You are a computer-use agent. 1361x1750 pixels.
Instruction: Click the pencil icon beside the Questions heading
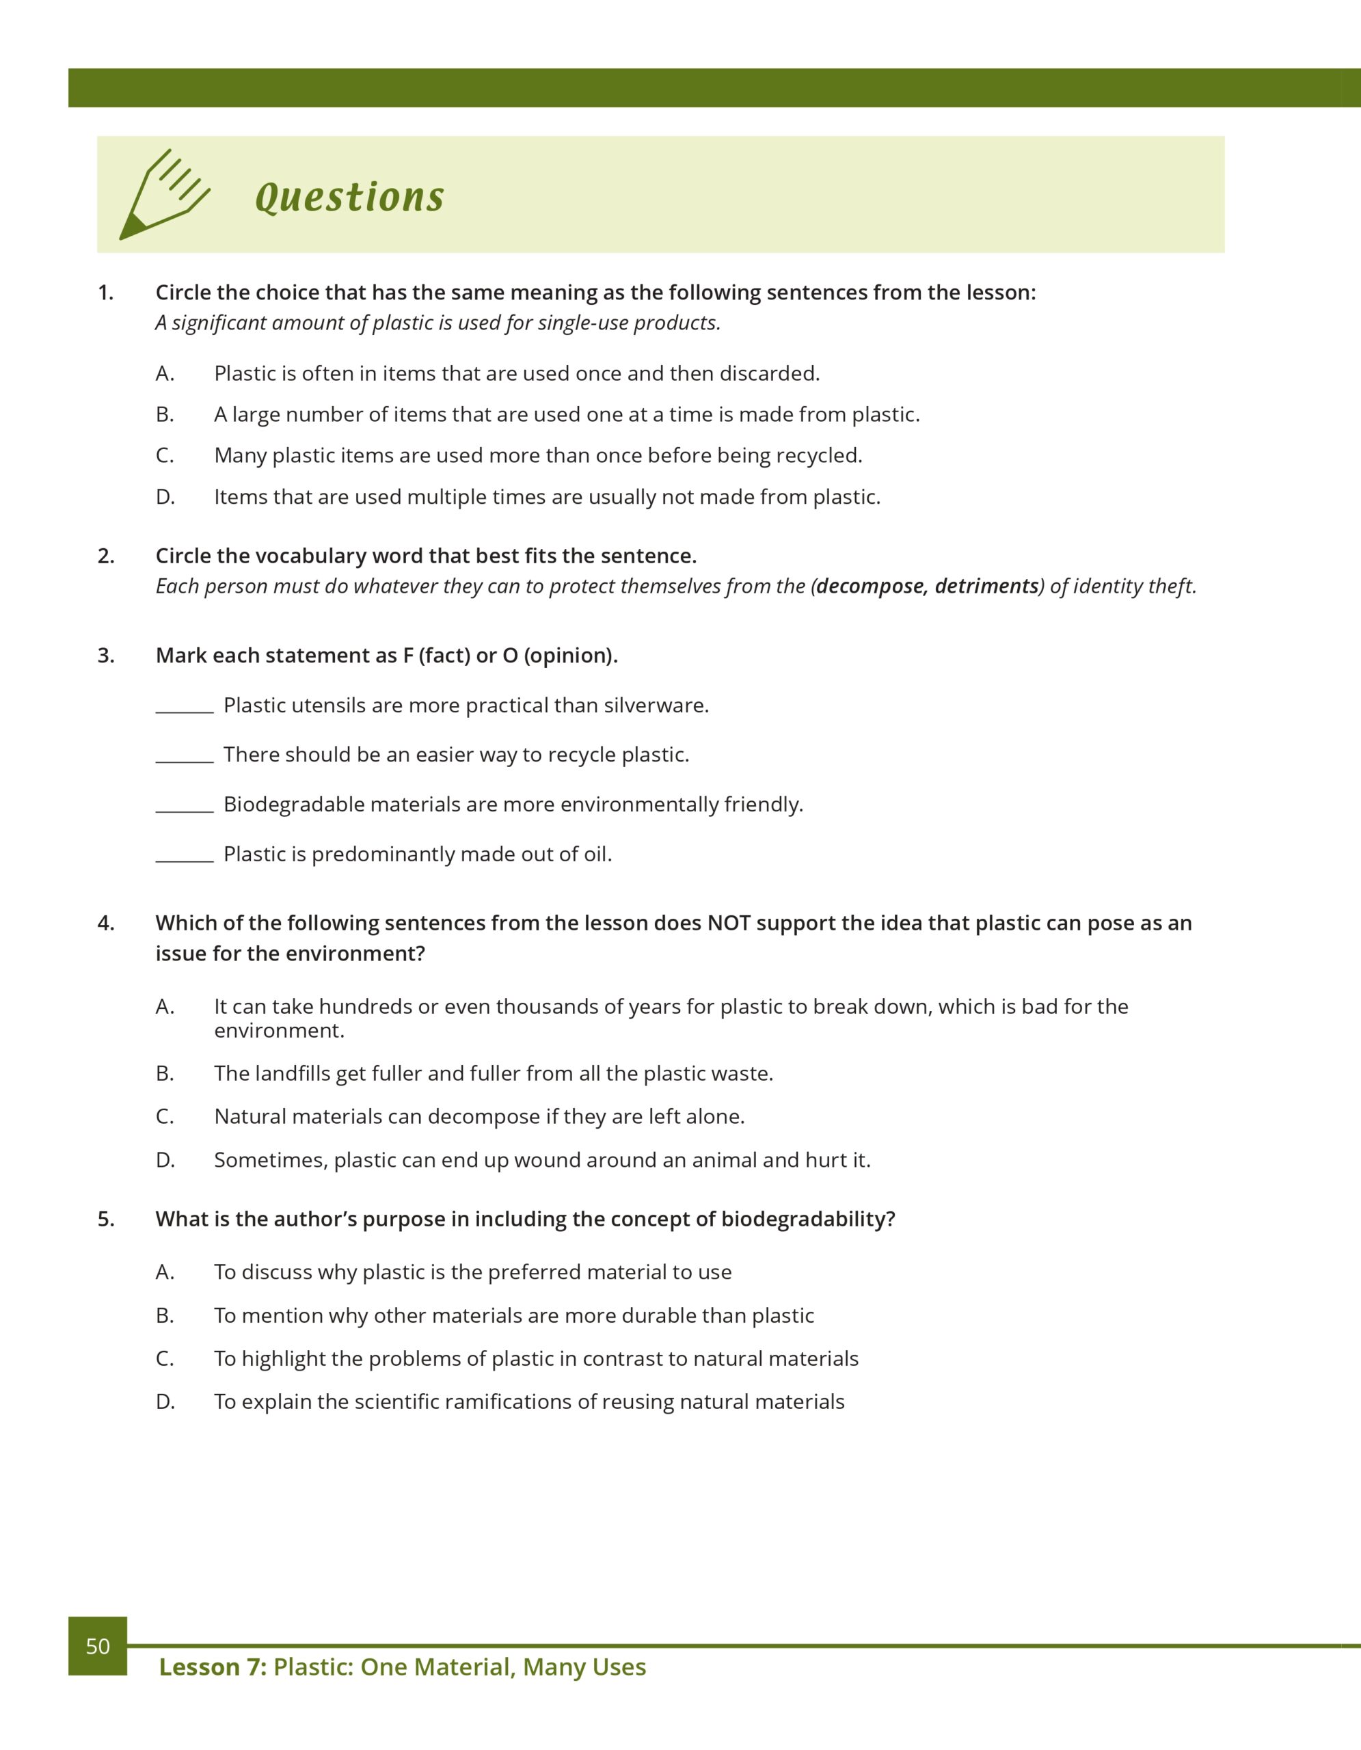(164, 195)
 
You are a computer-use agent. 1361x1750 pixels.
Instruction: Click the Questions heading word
(349, 197)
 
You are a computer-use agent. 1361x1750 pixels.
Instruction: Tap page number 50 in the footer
(98, 1646)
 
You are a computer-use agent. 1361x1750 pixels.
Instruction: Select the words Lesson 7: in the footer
(213, 1667)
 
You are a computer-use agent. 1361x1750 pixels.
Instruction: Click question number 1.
(106, 293)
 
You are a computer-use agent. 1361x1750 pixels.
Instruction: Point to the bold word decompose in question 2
(871, 587)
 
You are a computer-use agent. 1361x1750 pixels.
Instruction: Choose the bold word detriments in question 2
(987, 587)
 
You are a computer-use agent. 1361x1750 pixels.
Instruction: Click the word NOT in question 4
(728, 923)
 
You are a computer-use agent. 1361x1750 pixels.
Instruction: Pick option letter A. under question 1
(165, 373)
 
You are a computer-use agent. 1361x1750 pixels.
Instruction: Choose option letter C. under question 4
(165, 1116)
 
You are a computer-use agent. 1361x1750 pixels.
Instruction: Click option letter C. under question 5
(165, 1358)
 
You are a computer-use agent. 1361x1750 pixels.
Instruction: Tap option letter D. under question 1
(165, 497)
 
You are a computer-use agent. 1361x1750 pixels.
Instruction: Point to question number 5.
(106, 1219)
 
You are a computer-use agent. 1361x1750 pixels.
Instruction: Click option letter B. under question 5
(165, 1315)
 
